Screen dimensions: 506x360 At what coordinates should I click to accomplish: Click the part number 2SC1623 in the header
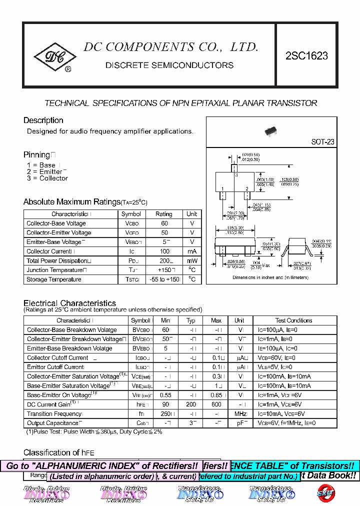[x=306, y=56]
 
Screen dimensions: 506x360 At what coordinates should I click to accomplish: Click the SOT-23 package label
[x=322, y=142]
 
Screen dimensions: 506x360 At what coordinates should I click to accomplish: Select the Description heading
[x=43, y=120]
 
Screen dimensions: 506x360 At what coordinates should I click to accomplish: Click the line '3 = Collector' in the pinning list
[x=47, y=178]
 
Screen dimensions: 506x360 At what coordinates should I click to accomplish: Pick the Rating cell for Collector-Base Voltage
[x=163, y=223]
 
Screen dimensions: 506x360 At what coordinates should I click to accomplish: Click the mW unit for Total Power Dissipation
[x=192, y=261]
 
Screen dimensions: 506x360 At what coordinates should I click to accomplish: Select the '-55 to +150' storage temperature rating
[x=163, y=279]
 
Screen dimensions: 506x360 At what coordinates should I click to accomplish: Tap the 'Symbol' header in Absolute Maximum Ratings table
[x=131, y=214]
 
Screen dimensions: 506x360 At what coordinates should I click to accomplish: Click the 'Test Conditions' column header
[x=293, y=320]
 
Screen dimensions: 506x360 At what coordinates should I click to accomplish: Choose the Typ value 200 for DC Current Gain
[x=190, y=404]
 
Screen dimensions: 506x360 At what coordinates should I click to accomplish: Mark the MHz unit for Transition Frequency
[x=240, y=414]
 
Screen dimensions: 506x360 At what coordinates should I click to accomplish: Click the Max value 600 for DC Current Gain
[x=216, y=404]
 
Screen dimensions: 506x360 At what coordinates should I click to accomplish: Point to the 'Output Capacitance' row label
[x=52, y=423]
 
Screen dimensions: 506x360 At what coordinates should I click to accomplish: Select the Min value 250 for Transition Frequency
[x=165, y=414]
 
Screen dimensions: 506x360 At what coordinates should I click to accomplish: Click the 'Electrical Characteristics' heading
[x=69, y=303]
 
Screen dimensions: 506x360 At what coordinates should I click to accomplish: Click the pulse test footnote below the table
[x=94, y=431]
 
